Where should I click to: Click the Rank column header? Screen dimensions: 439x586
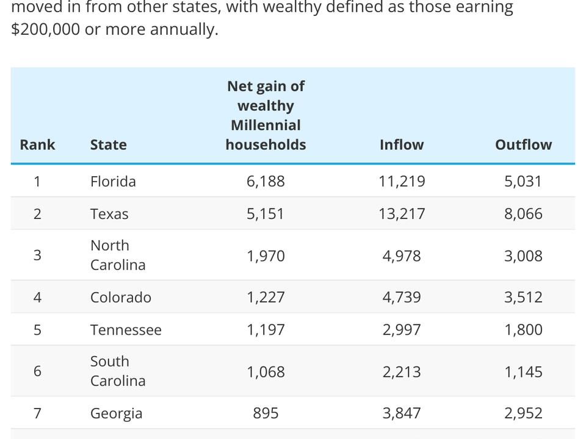(x=37, y=145)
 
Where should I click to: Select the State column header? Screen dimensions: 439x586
(x=109, y=145)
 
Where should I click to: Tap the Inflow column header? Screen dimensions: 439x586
(x=401, y=145)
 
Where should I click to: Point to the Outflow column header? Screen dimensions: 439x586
(x=523, y=145)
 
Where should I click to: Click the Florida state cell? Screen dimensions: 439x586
(x=113, y=181)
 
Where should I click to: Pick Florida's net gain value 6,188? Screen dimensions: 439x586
(x=266, y=181)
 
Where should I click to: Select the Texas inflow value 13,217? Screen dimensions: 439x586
(x=402, y=214)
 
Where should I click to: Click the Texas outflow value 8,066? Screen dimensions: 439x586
(x=523, y=214)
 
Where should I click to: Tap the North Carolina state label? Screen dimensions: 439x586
(x=117, y=255)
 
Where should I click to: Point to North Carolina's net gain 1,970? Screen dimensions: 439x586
(x=266, y=255)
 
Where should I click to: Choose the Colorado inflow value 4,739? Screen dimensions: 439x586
(x=402, y=297)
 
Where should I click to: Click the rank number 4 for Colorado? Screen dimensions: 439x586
(x=37, y=297)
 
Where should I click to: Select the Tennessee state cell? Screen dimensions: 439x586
(x=126, y=330)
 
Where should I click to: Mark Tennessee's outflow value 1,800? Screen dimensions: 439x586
(x=523, y=330)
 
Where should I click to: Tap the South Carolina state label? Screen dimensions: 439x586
(x=117, y=371)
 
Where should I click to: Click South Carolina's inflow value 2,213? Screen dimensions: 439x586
(x=402, y=371)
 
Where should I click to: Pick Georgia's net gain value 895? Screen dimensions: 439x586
(x=266, y=413)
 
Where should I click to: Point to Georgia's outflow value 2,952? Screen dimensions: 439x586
(x=523, y=413)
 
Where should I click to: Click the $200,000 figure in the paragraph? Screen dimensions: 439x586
(x=45, y=29)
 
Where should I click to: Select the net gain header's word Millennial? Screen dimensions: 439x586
(x=266, y=125)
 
